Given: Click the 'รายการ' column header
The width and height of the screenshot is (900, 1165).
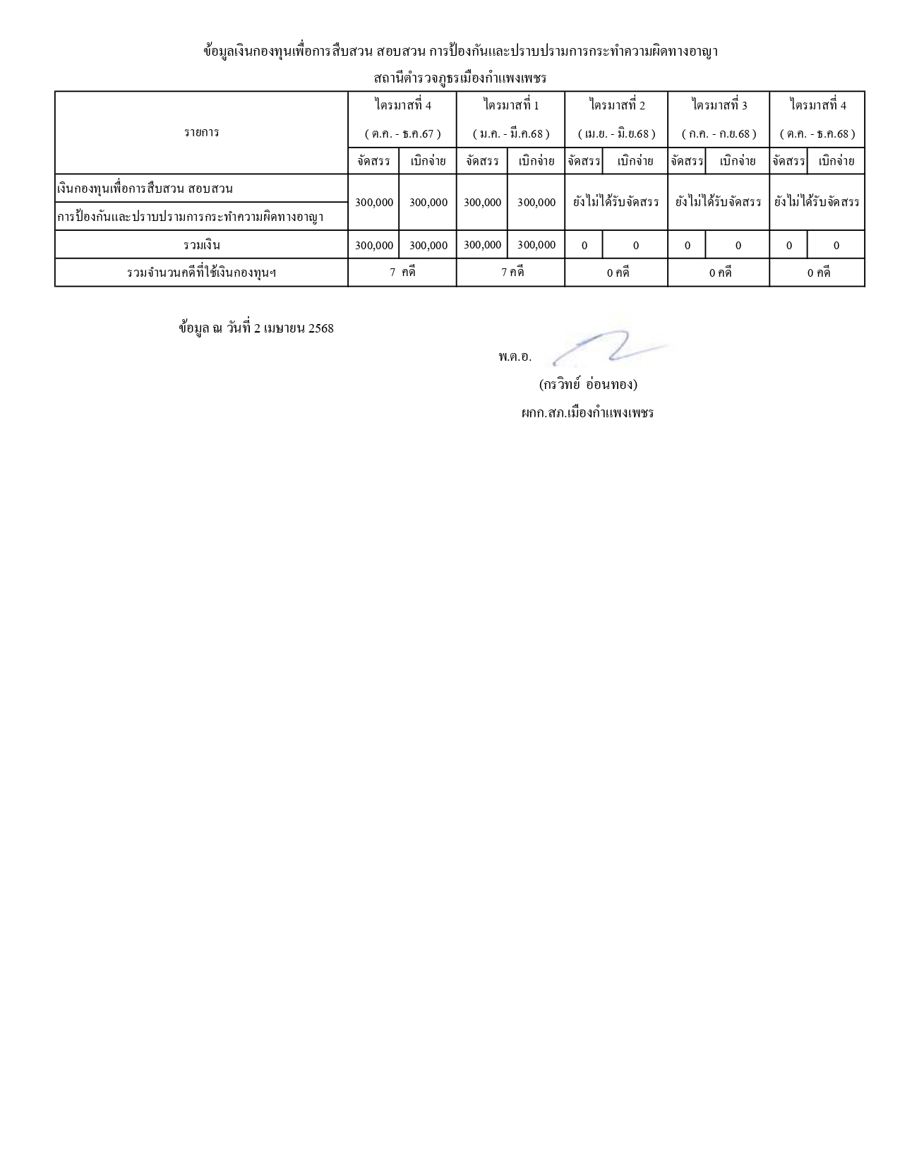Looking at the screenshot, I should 201,132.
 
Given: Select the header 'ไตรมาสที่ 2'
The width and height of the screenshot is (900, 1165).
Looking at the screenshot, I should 617,105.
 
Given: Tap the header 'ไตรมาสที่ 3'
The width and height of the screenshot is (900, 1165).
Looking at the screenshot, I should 719,105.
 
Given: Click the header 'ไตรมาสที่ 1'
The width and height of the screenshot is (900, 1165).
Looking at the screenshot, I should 511,105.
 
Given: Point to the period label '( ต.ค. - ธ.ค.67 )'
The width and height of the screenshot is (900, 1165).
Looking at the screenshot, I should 402,133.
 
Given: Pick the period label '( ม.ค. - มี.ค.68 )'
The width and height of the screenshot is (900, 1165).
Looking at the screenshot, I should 511,133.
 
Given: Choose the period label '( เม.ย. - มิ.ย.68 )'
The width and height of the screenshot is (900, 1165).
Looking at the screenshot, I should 617,133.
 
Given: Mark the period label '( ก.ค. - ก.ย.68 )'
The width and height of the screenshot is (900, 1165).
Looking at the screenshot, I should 719,133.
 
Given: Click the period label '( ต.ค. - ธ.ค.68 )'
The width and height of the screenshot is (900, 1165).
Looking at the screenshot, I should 817,133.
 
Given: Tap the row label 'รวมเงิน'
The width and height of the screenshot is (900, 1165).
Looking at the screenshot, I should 201,245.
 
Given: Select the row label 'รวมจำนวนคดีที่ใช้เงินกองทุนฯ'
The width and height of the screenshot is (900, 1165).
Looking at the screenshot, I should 201,273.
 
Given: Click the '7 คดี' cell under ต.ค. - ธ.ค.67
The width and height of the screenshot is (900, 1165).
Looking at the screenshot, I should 402,273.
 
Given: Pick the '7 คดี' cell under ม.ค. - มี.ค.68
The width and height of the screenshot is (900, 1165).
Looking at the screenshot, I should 511,273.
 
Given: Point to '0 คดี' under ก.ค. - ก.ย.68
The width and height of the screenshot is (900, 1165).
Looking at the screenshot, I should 719,273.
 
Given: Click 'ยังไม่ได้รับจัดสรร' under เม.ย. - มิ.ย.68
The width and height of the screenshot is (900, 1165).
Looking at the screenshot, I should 617,202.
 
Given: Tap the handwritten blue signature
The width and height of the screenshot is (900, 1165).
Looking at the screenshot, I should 607,348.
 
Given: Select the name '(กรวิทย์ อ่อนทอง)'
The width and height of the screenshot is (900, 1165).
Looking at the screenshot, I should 587,385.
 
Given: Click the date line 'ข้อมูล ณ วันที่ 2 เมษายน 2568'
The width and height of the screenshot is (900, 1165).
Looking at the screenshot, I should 256,328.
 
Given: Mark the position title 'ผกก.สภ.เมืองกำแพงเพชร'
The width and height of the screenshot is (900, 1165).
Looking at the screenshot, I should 587,413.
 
